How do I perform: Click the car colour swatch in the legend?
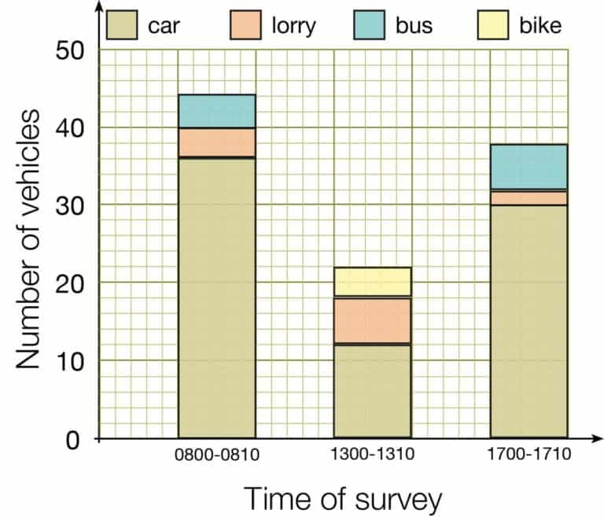[122, 25]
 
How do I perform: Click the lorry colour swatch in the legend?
[245, 25]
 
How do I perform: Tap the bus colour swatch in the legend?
[369, 25]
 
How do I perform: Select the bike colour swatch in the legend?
[493, 25]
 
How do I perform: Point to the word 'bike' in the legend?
[540, 25]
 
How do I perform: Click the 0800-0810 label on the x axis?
[217, 455]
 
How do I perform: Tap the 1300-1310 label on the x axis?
[373, 455]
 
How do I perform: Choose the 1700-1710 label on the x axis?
[528, 455]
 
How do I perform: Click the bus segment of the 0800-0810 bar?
[217, 111]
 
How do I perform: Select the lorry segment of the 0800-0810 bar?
[217, 142]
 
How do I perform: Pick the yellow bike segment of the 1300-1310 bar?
[373, 282]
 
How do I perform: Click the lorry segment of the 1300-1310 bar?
[373, 320]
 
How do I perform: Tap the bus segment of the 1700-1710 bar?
[528, 167]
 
